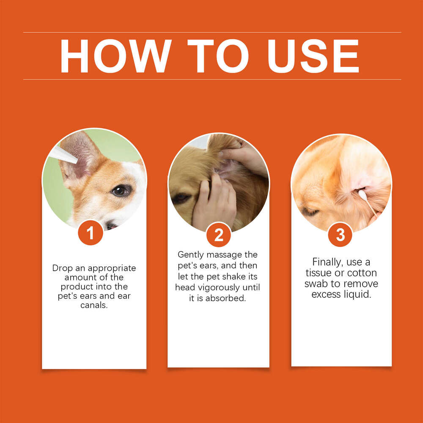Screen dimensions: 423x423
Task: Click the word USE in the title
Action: click(313, 56)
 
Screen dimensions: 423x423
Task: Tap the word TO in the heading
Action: click(218, 56)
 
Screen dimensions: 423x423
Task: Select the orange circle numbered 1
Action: click(90, 233)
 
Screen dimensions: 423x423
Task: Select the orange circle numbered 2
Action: click(218, 235)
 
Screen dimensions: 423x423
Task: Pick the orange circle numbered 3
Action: click(340, 235)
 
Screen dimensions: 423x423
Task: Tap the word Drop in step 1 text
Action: click(62, 268)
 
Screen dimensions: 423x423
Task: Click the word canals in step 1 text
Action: click(94, 305)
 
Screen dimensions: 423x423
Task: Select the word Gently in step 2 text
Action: click(191, 255)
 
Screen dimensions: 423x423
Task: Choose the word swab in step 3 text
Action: click(316, 283)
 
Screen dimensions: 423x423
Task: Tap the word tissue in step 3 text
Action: click(320, 273)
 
